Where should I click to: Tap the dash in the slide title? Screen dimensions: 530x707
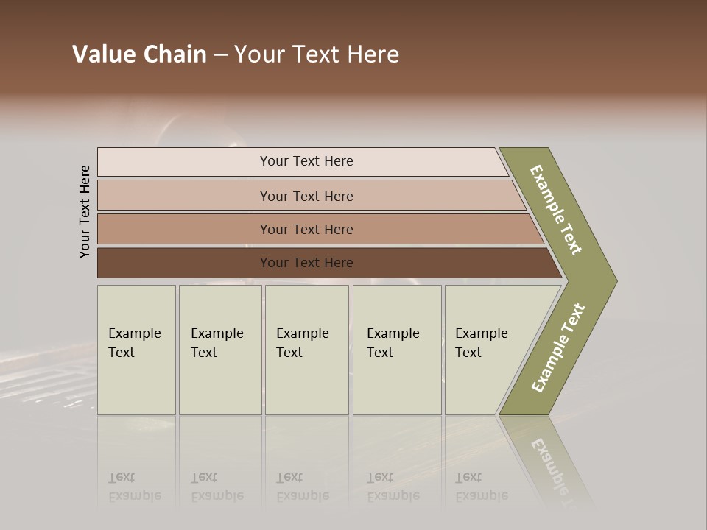point(220,55)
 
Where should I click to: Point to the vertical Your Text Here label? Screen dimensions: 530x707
point(85,211)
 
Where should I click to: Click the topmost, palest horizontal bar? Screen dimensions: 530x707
point(302,161)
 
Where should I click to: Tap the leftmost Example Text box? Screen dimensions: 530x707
point(136,350)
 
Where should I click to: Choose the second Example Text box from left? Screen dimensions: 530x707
point(220,350)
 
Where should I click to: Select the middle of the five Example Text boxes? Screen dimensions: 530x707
point(306,350)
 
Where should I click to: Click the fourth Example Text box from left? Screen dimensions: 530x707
point(397,350)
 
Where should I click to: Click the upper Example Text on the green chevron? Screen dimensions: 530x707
point(556,210)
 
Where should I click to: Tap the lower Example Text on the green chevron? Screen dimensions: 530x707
point(557,348)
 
